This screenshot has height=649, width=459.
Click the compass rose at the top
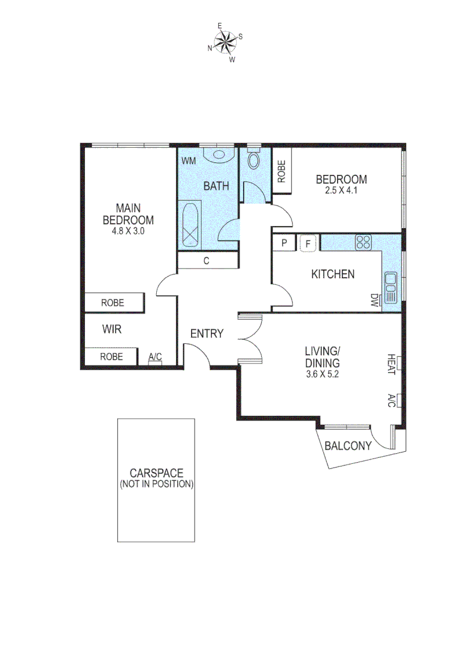(x=225, y=42)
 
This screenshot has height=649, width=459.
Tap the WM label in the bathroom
(x=189, y=161)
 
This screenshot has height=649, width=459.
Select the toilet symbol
(x=254, y=160)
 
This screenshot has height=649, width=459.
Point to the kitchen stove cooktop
(x=363, y=242)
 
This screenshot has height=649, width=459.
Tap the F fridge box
(x=308, y=243)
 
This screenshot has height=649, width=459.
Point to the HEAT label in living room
(x=391, y=364)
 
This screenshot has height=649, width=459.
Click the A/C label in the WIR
(x=155, y=357)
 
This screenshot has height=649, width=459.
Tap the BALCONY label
(x=348, y=446)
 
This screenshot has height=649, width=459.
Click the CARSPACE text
(x=156, y=474)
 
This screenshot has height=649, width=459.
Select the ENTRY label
(x=207, y=334)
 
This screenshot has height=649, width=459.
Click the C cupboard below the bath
(x=207, y=261)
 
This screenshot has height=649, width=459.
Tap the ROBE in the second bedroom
(x=282, y=171)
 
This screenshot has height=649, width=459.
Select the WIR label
(x=112, y=329)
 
